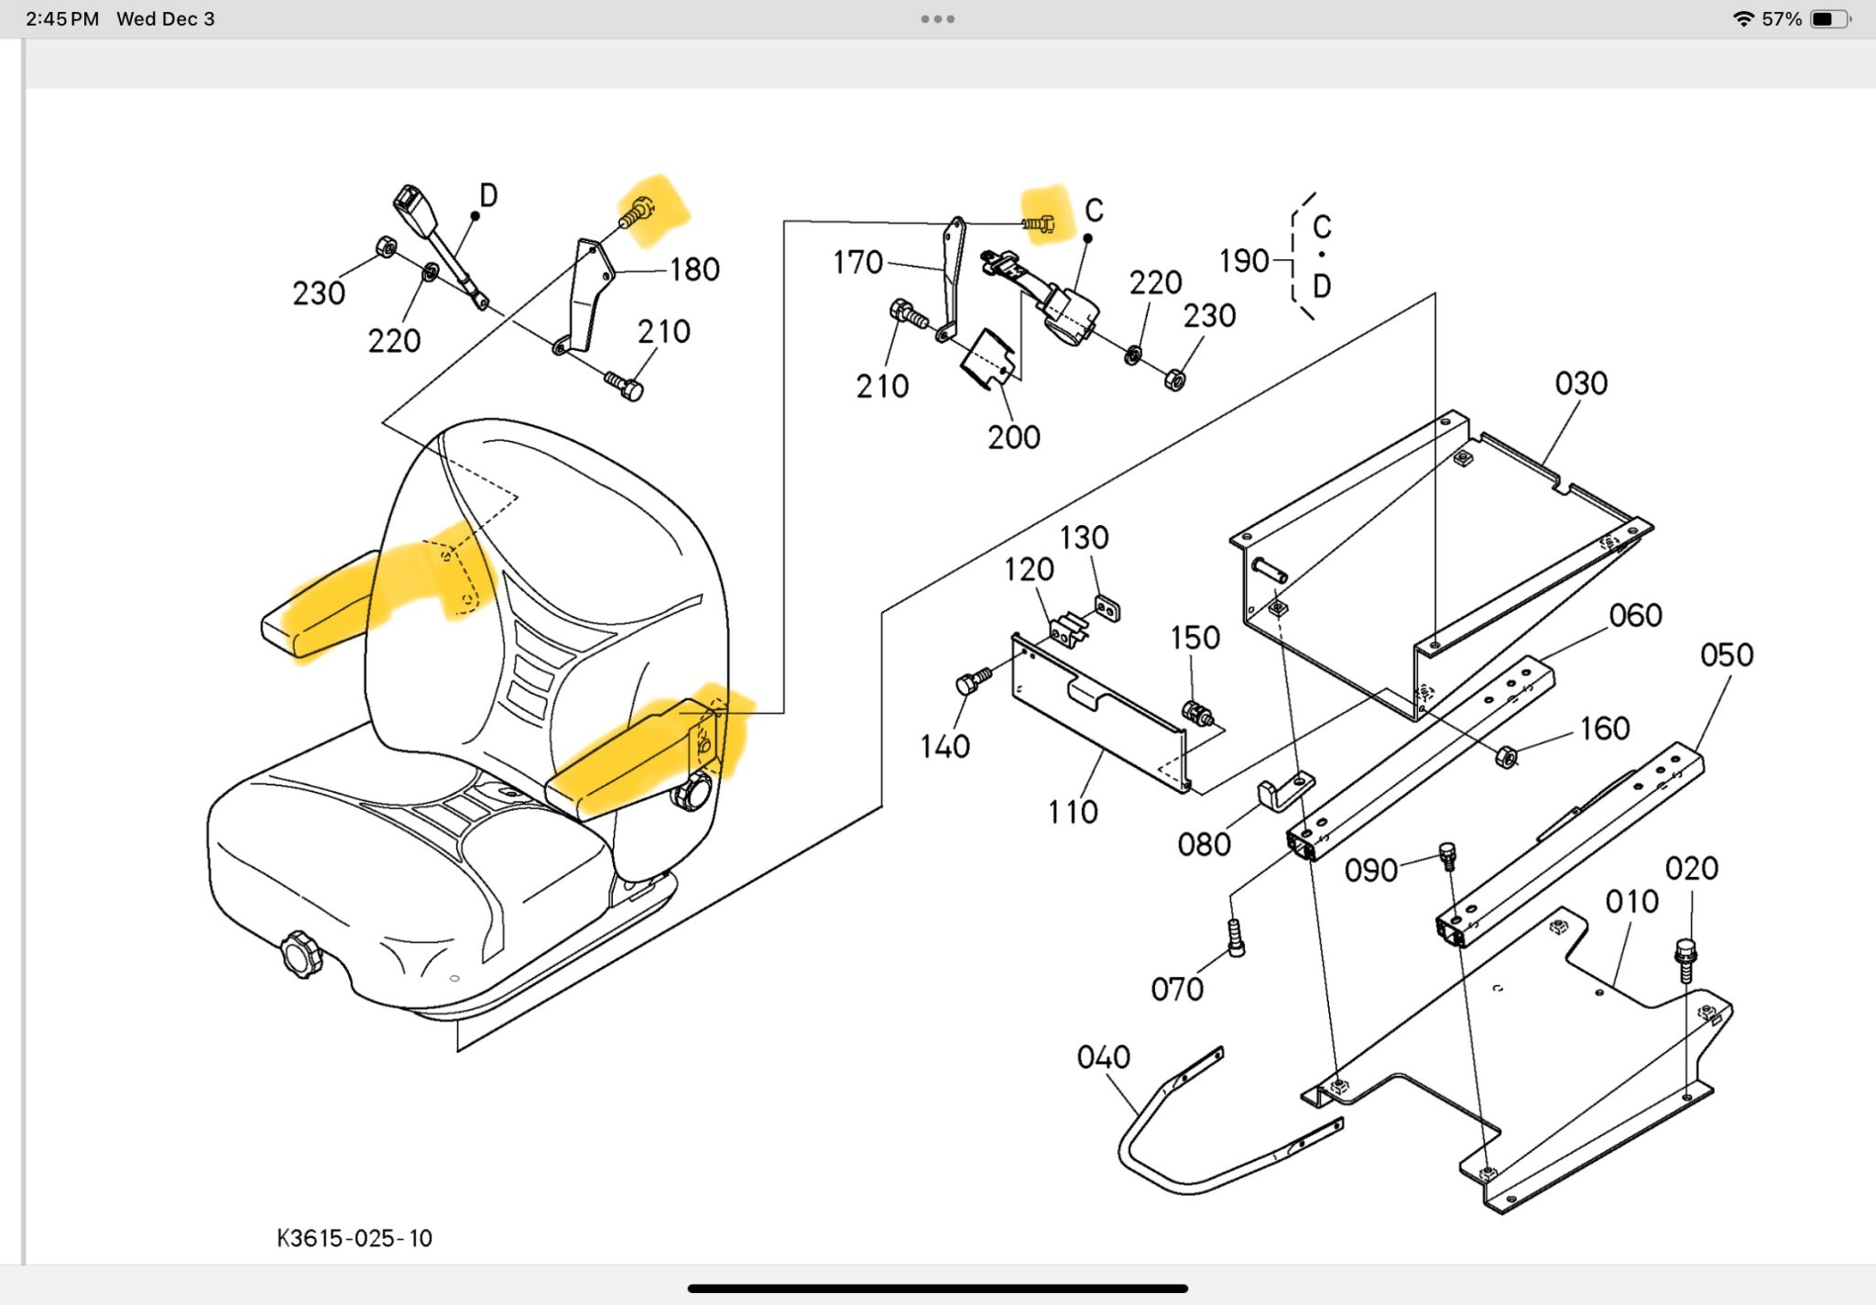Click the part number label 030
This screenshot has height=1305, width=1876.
click(x=1581, y=383)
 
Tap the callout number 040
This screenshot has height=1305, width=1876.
click(x=1103, y=1058)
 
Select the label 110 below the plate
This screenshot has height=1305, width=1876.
click(x=1073, y=812)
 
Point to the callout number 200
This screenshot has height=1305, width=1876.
click(x=1014, y=437)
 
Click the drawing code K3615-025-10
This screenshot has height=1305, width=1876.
click(x=354, y=1238)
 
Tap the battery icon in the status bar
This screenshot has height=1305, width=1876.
click(x=1829, y=19)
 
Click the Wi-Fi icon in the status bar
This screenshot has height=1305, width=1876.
click(x=1743, y=19)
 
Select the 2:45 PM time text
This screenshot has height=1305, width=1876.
click(x=62, y=19)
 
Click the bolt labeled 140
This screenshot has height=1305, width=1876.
click(x=972, y=682)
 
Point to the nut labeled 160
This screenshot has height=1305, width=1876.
click(x=1506, y=757)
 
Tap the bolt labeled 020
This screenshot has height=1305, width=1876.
click(x=1685, y=958)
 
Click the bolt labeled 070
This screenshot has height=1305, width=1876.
click(x=1236, y=938)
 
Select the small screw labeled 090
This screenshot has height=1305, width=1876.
click(x=1447, y=856)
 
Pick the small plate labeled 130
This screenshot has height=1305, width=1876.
click(x=1107, y=608)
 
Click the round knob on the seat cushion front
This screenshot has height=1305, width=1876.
click(x=300, y=954)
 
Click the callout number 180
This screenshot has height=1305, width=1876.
click(x=694, y=269)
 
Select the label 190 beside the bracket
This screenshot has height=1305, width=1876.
click(x=1244, y=261)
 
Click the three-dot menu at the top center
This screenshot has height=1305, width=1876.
click(x=938, y=19)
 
